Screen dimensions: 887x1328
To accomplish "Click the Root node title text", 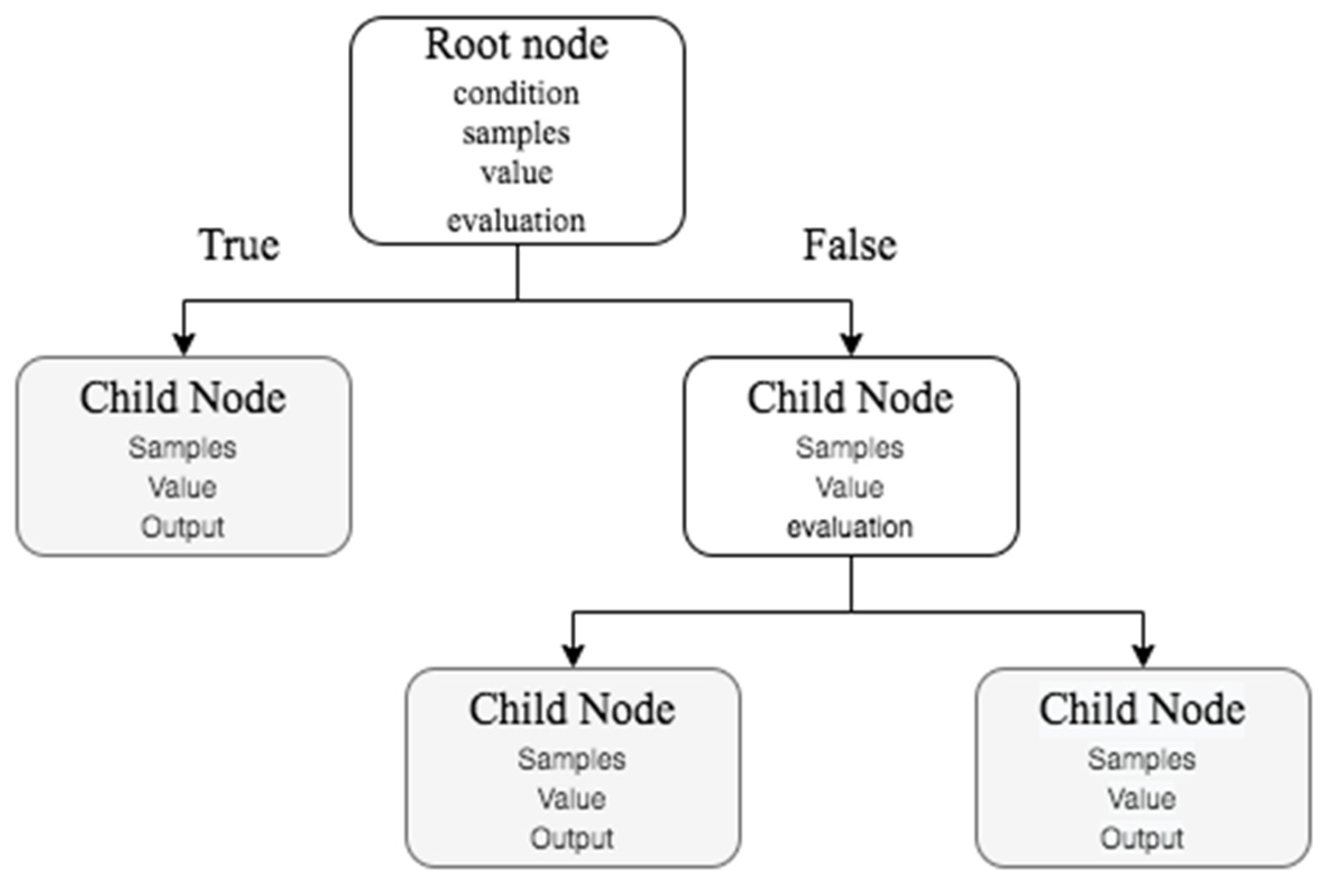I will pos(516,45).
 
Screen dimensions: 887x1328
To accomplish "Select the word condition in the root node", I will pos(516,94).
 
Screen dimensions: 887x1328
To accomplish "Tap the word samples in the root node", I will pos(516,134).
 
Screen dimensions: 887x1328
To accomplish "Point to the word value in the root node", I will pos(516,173).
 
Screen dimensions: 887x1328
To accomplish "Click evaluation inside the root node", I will pos(516,220).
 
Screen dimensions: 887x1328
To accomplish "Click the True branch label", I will pos(239,246).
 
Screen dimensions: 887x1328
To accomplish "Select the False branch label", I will pos(850,246).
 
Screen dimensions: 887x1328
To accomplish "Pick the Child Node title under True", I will pos(183,398).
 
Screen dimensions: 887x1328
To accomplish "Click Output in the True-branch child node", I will pos(183,527).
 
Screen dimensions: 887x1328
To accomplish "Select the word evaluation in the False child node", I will pos(850,527).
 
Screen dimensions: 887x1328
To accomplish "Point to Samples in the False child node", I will pos(850,448).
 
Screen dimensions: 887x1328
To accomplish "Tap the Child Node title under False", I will pos(850,398).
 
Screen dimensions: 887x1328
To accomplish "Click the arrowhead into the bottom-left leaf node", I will pos(573,655).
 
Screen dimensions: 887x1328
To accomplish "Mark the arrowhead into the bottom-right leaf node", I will pos(1143,655).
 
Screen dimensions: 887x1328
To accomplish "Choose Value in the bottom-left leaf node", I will pos(572,799).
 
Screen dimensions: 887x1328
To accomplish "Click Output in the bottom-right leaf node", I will pos(1142,838).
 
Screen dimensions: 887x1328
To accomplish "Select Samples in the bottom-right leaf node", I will pos(1142,759).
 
